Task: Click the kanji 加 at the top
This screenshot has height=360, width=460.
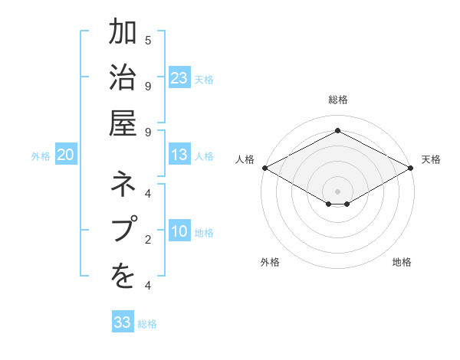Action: click(123, 34)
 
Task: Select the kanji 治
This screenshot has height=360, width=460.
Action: click(123, 79)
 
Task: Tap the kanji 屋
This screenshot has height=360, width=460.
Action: click(123, 124)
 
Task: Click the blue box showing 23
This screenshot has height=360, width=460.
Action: click(179, 78)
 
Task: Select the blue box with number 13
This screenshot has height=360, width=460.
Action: click(179, 155)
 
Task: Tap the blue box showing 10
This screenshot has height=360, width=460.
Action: click(179, 232)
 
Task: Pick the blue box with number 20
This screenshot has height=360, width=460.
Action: click(66, 155)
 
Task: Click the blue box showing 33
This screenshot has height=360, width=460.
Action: click(123, 322)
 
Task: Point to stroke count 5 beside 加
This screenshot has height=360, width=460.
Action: click(148, 40)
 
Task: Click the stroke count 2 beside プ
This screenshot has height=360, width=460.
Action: click(148, 240)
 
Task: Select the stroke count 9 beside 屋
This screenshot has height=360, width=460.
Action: click(148, 132)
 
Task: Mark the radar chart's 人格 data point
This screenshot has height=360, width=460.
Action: click(264, 168)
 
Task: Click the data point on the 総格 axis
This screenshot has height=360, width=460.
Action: click(337, 130)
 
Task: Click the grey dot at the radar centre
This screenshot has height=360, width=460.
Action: click(337, 191)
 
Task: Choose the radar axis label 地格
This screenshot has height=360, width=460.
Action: click(402, 262)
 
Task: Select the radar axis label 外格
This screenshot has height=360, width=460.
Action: click(270, 262)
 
